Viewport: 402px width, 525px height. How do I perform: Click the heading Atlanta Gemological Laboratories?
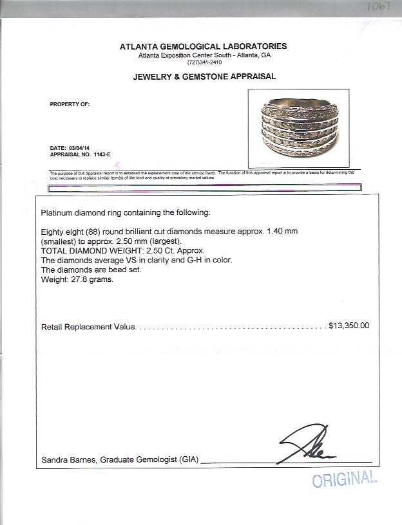click(x=204, y=46)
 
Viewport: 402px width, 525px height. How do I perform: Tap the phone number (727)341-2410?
click(x=204, y=62)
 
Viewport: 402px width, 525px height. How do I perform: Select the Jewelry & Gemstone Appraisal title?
click(x=204, y=76)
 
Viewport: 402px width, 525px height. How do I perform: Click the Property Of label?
click(x=70, y=104)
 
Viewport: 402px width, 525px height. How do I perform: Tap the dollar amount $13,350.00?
click(x=349, y=326)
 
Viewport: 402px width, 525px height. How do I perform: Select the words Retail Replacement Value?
click(x=88, y=327)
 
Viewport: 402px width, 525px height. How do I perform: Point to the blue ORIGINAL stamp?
click(x=344, y=478)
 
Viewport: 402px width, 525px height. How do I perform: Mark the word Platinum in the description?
click(x=57, y=212)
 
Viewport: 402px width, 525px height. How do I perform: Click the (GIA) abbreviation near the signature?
click(x=187, y=461)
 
